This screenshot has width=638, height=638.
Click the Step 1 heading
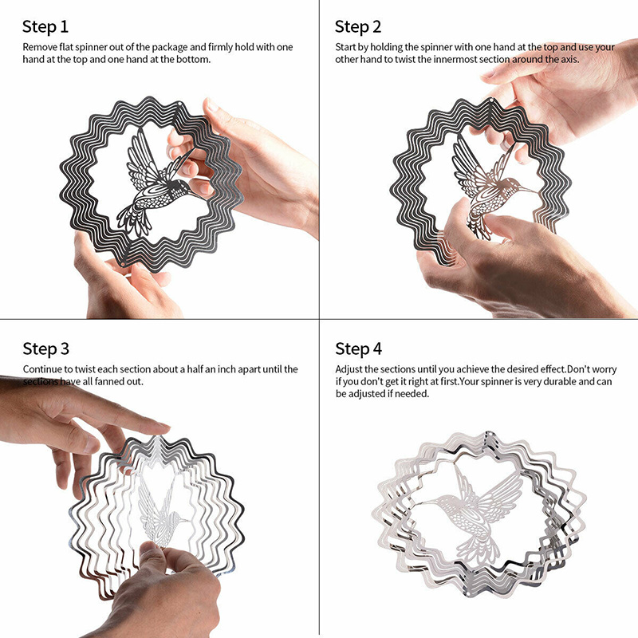[x=45, y=27]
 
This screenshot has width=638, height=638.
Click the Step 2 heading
[x=358, y=27]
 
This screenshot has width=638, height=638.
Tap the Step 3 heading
[x=45, y=349]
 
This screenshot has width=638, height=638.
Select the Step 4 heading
[x=358, y=349]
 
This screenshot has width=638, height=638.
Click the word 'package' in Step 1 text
[x=170, y=47]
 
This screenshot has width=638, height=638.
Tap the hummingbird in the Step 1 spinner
[x=156, y=183]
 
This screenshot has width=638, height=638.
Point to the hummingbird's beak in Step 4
[x=429, y=503]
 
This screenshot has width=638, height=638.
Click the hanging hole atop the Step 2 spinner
[x=491, y=100]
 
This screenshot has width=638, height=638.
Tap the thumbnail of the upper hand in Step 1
[x=212, y=105]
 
